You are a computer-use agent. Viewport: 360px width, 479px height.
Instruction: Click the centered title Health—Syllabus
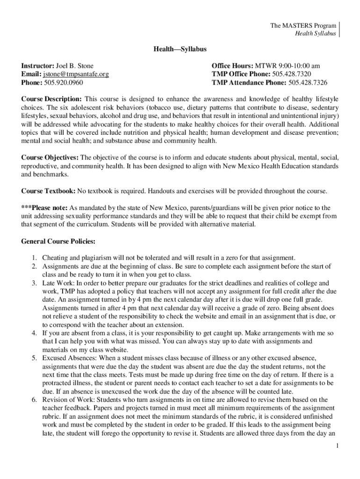180,49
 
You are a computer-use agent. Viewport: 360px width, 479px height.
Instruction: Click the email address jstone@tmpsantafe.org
76,74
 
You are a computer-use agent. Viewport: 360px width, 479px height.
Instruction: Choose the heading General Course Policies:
58,241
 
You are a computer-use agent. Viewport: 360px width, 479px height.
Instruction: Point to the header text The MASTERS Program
303,26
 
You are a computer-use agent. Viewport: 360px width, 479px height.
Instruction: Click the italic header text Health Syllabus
315,34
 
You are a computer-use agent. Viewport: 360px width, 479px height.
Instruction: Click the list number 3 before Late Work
34,283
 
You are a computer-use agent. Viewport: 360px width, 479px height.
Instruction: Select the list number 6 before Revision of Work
34,400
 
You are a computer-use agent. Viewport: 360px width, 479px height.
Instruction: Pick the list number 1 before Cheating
34,258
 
